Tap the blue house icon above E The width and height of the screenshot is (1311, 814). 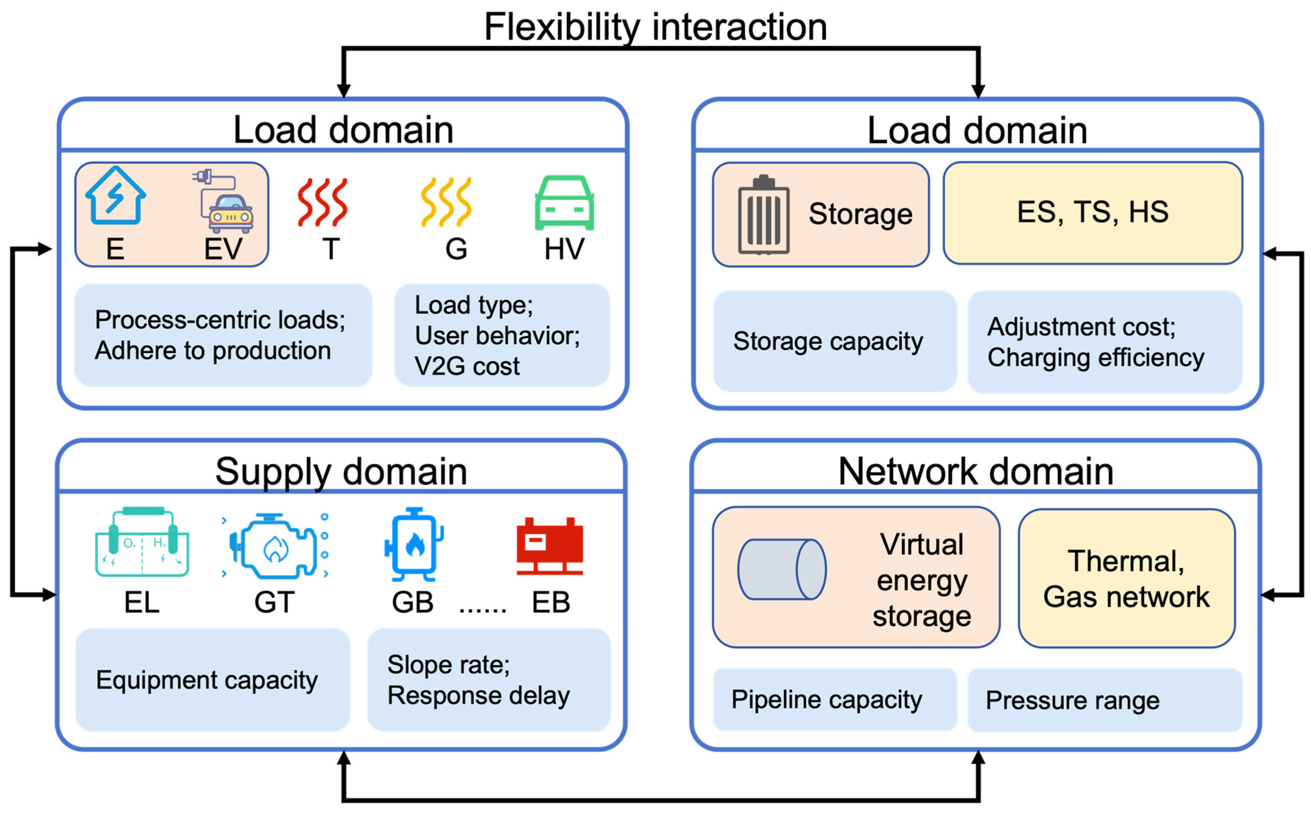(115, 196)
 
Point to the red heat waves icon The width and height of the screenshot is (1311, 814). (322, 203)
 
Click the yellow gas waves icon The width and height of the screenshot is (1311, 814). (446, 203)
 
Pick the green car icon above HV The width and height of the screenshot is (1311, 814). (564, 203)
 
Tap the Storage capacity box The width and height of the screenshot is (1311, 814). (834, 341)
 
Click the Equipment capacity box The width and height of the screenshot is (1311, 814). (212, 679)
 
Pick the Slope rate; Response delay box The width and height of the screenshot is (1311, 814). (489, 679)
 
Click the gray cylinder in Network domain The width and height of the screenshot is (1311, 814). (782, 570)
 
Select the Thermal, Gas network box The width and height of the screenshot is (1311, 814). (1126, 579)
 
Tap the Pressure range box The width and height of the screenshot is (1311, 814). (1104, 700)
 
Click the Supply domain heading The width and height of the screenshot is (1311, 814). (341, 472)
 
